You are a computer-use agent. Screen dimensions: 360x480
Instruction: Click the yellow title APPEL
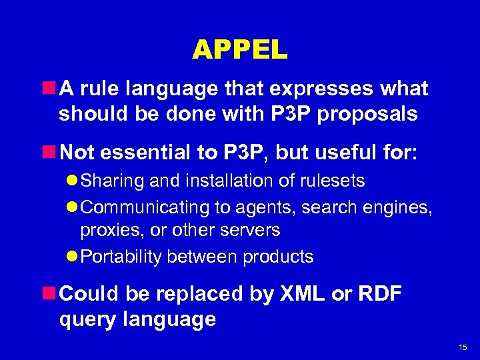(x=239, y=49)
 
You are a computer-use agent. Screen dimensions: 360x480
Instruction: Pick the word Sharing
(x=109, y=181)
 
